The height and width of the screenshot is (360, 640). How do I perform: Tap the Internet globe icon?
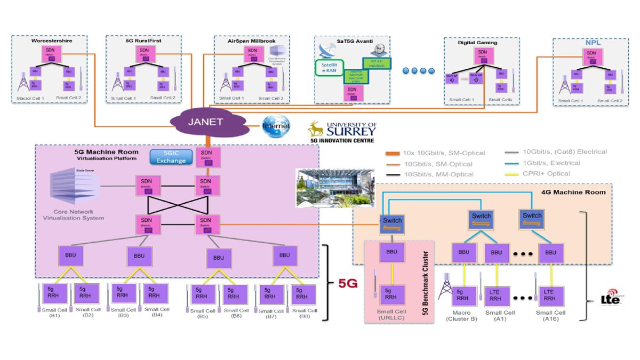coord(275,126)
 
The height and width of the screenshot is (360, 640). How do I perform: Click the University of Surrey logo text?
coord(349,129)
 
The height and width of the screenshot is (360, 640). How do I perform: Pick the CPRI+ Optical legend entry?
coord(539,173)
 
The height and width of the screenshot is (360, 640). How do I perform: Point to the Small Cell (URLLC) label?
coord(392,316)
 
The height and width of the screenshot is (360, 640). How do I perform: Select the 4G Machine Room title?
coord(580,192)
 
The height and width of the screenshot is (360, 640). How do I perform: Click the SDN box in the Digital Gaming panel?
coord(482,55)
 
